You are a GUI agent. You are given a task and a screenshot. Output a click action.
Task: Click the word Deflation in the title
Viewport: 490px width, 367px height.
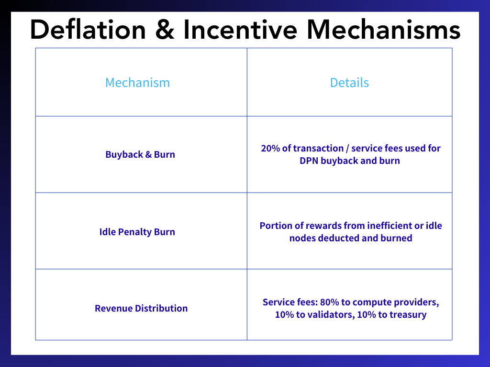click(88, 30)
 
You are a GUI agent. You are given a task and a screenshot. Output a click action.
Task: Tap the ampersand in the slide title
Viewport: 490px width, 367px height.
click(165, 30)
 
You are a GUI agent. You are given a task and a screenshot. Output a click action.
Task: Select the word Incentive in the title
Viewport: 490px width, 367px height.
click(240, 30)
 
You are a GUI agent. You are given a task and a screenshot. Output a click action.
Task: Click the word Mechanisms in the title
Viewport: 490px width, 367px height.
click(383, 30)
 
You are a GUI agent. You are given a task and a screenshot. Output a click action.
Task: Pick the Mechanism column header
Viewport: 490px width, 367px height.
click(137, 83)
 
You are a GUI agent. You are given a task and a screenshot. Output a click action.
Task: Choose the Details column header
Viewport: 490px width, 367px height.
click(349, 83)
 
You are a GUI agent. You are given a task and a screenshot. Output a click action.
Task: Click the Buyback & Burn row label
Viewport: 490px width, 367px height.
click(140, 154)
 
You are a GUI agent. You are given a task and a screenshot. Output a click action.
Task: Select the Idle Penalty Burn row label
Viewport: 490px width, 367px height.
click(137, 232)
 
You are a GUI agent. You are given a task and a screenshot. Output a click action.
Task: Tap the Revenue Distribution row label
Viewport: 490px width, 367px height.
click(141, 308)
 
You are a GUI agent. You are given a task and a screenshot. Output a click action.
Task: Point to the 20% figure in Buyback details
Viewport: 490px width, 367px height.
click(270, 148)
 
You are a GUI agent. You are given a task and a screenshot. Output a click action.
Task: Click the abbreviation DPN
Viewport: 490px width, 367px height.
click(309, 161)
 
